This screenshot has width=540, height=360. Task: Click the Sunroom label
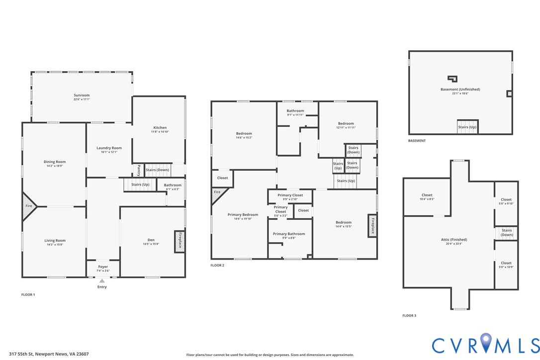pyautogui.click(x=82, y=95)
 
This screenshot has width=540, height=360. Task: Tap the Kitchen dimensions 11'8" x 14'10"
pyautogui.click(x=160, y=132)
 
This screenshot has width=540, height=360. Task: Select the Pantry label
pyautogui.click(x=138, y=170)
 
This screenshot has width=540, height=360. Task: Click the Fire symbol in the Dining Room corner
pyautogui.click(x=29, y=206)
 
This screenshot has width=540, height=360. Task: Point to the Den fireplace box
pyautogui.click(x=180, y=241)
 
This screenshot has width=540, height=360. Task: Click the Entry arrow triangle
pyautogui.click(x=102, y=281)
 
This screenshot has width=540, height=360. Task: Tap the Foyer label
pyautogui.click(x=103, y=267)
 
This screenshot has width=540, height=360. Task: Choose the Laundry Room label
pyautogui.click(x=109, y=148)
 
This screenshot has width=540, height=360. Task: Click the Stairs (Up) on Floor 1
pyautogui.click(x=140, y=184)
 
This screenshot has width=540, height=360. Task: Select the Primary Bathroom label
pyautogui.click(x=289, y=234)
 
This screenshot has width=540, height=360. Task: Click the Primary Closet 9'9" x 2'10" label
pyautogui.click(x=290, y=197)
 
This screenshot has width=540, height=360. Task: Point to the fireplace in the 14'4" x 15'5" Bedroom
pyautogui.click(x=372, y=226)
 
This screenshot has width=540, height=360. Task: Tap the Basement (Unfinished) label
pyautogui.click(x=460, y=89)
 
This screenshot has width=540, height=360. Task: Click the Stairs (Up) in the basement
pyautogui.click(x=467, y=127)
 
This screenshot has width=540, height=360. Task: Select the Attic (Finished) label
pyautogui.click(x=454, y=240)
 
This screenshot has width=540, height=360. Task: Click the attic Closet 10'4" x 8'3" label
pyautogui.click(x=427, y=197)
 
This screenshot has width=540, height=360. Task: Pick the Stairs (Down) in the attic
pyautogui.click(x=507, y=233)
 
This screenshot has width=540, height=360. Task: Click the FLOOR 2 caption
pyautogui.click(x=217, y=265)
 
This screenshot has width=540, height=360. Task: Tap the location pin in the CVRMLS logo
pyautogui.click(x=486, y=343)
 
